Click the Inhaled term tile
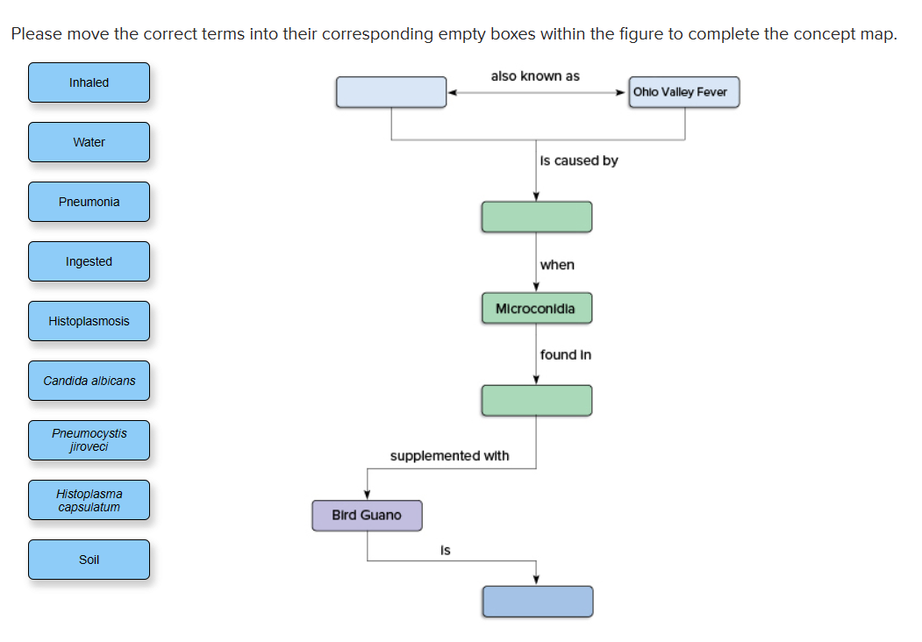(89, 82)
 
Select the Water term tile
(89, 142)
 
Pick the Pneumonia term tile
(89, 202)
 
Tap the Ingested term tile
(89, 261)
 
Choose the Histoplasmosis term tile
(89, 321)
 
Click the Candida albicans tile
(89, 381)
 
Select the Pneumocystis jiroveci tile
(89, 440)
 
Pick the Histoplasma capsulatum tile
(89, 500)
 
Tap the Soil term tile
(89, 560)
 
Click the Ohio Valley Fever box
(683, 92)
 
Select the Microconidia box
(536, 309)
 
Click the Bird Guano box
(367, 516)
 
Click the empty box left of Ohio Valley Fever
(391, 92)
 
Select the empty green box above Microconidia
(536, 217)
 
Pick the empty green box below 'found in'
(536, 400)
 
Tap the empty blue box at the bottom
(537, 601)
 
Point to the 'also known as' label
(535, 76)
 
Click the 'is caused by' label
(579, 160)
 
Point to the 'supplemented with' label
(449, 456)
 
